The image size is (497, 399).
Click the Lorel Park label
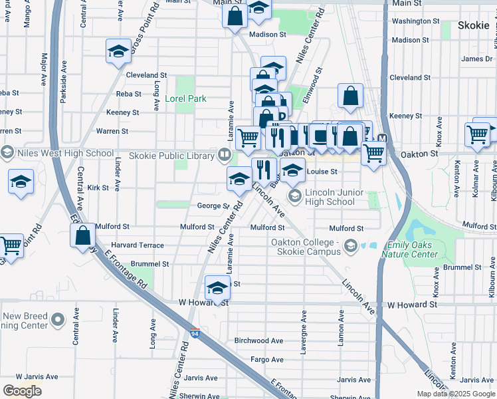(186, 99)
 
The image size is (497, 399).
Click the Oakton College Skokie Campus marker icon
(349, 247)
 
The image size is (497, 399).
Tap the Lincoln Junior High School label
(330, 197)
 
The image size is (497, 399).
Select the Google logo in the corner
(22, 390)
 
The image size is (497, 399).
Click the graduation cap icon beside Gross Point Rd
(118, 52)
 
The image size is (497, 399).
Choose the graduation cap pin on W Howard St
(217, 287)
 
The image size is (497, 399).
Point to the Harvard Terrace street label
(138, 245)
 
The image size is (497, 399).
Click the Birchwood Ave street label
(259, 340)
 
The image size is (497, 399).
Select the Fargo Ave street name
(267, 359)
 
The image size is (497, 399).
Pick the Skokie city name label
(474, 26)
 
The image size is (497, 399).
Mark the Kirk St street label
(98, 188)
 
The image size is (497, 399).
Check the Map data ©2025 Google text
(455, 394)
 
